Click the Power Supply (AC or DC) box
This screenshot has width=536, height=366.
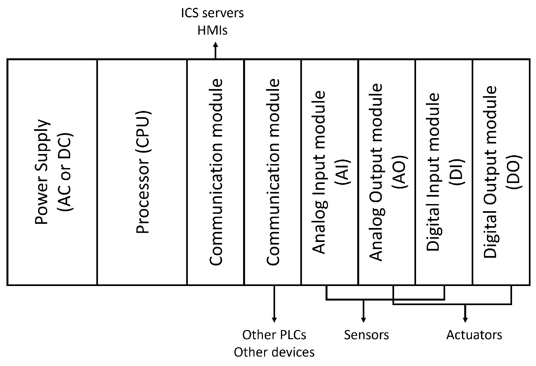tap(52, 172)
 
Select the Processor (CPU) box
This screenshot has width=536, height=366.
tap(142, 172)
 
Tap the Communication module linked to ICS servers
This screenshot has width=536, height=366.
tap(216, 172)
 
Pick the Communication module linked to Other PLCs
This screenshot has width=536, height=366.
tap(273, 172)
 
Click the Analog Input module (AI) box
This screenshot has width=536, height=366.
tap(330, 172)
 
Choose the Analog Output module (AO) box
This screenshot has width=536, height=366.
tap(387, 172)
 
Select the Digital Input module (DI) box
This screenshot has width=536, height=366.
tap(444, 172)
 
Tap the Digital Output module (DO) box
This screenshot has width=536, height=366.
tap(501, 172)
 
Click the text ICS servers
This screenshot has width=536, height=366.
tap(212, 13)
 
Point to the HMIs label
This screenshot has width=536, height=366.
tap(212, 30)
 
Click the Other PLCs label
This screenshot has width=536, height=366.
tap(274, 335)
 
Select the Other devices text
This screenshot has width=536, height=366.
tap(274, 352)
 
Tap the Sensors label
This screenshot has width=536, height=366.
tap(366, 335)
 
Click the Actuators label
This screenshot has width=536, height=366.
tap(474, 335)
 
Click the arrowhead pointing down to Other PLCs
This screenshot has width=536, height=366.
tap(274, 320)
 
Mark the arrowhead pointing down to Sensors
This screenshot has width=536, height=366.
tap(364, 320)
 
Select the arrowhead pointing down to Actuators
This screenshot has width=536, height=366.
tap(465, 320)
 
